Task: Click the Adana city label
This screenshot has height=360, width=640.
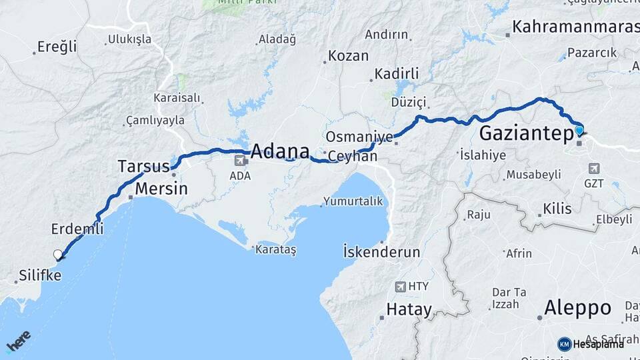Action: pyautogui.click(x=279, y=150)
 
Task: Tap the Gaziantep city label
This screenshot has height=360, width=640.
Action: pyautogui.click(x=526, y=133)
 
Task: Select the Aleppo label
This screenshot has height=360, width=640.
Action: pyautogui.click(x=577, y=308)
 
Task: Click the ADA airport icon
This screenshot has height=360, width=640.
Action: pyautogui.click(x=239, y=161)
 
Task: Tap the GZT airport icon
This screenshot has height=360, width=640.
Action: pyautogui.click(x=594, y=169)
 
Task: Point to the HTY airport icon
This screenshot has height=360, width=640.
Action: pyautogui.click(x=400, y=287)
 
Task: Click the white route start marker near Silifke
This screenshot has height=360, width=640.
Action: pyautogui.click(x=58, y=254)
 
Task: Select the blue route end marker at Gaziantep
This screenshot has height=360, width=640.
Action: pyautogui.click(x=579, y=131)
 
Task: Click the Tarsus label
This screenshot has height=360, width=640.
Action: pyautogui.click(x=143, y=165)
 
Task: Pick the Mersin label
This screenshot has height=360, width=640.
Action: pyautogui.click(x=161, y=189)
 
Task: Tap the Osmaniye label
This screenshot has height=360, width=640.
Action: pyautogui.click(x=359, y=137)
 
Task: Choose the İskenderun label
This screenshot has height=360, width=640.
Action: pyautogui.click(x=381, y=252)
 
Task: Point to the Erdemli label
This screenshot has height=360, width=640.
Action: pyautogui.click(x=77, y=229)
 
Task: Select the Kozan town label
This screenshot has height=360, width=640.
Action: pyautogui.click(x=348, y=56)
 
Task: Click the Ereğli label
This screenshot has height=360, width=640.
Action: pyautogui.click(x=57, y=47)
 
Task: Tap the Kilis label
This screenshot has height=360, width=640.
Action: pyautogui.click(x=557, y=209)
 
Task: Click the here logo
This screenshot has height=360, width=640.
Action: pyautogui.click(x=18, y=341)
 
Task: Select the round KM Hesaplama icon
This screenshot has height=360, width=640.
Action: pyautogui.click(x=564, y=344)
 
